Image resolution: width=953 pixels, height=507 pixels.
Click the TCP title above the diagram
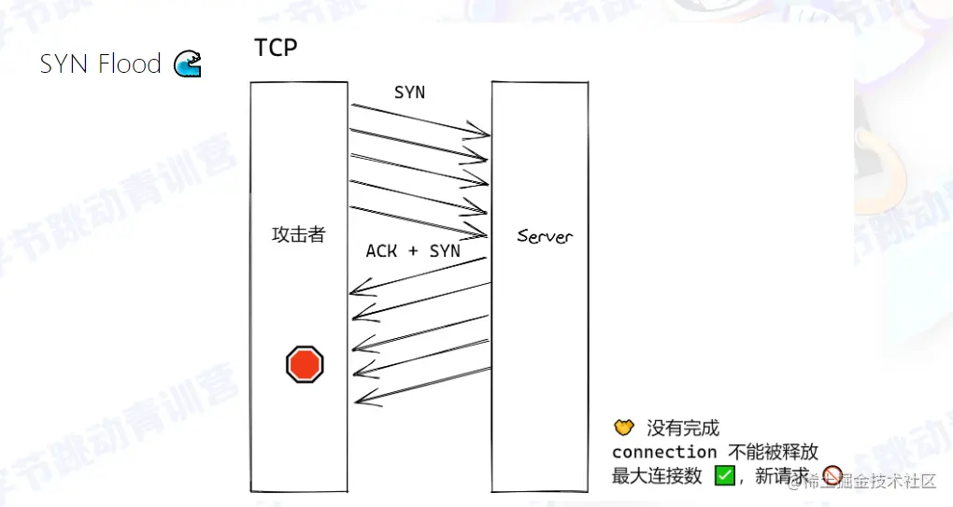click(276, 49)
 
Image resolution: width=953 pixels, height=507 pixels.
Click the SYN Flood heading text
click(100, 64)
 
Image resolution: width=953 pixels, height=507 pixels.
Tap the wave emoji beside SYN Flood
click(187, 64)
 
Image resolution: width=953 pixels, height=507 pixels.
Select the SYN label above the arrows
click(409, 92)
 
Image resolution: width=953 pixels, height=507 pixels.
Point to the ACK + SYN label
click(412, 251)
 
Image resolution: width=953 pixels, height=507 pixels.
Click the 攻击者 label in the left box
click(298, 234)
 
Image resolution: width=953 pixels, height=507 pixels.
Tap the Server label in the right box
click(545, 236)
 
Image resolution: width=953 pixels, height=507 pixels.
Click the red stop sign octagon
click(305, 363)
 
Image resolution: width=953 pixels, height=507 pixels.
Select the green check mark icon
click(725, 475)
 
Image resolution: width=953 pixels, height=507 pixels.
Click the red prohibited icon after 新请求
click(832, 475)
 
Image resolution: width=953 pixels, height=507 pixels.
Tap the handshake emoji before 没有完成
click(623, 428)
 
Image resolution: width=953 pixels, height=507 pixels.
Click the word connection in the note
click(664, 452)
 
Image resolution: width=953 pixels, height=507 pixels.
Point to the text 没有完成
click(683, 429)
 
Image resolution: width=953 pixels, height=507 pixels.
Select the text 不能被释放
click(773, 452)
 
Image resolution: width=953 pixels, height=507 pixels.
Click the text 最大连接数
click(657, 476)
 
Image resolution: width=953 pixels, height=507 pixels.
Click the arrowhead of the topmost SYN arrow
click(487, 134)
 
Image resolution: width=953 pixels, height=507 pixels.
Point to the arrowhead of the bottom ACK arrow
click(357, 401)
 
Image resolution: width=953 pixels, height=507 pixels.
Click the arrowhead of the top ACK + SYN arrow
click(352, 293)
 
